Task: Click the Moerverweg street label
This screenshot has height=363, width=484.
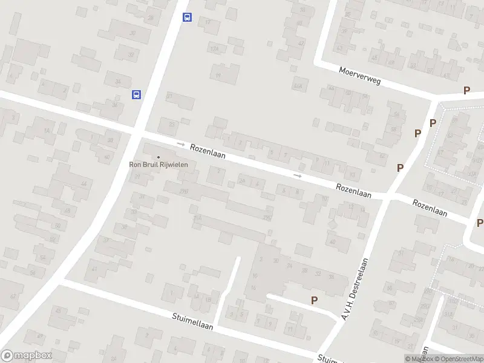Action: [359, 76]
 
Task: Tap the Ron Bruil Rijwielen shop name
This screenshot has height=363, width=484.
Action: [159, 164]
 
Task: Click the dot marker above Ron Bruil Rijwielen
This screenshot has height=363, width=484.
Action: [159, 157]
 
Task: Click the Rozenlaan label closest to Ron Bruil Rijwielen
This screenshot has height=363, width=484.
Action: [208, 151]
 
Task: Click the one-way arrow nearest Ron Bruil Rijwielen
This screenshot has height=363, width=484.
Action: [180, 144]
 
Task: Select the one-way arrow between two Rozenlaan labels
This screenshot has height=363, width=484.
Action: [297, 175]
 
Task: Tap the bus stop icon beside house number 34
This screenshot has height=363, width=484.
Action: [137, 94]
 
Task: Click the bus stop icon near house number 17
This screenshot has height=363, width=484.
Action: [188, 18]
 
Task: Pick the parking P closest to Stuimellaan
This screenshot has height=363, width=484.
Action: [314, 300]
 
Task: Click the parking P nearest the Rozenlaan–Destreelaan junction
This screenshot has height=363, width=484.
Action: [400, 168]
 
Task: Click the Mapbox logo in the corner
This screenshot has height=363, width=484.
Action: [26, 356]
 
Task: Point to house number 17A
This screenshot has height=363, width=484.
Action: [214, 48]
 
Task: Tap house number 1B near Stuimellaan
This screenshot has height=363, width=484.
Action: [209, 299]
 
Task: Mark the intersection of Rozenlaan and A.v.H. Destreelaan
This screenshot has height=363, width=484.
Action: [385, 197]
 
